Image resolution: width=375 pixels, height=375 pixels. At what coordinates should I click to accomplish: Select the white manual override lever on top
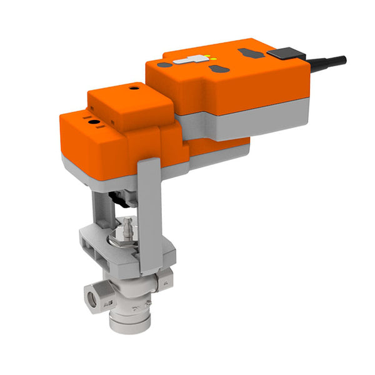[x=191, y=61]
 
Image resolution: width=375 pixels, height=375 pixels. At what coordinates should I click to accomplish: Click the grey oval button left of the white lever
[x=164, y=64]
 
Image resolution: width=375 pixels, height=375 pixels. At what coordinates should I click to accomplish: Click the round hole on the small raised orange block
[x=132, y=89]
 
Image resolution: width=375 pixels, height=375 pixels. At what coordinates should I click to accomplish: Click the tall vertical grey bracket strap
[x=149, y=212]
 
